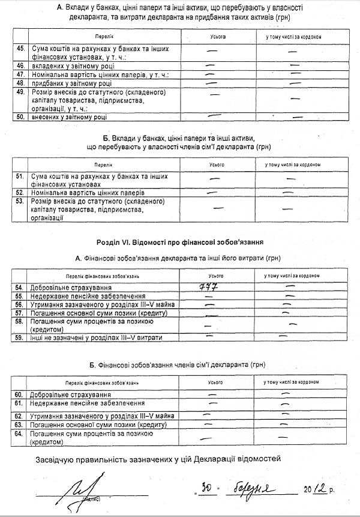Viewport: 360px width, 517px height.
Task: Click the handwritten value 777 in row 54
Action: click(x=207, y=287)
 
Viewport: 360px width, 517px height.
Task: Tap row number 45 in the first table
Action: click(x=20, y=48)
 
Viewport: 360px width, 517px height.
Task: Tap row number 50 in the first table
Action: click(x=20, y=117)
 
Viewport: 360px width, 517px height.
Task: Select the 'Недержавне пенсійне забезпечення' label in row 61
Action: click(x=87, y=404)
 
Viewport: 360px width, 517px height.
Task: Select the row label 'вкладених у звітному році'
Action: click(x=68, y=65)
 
